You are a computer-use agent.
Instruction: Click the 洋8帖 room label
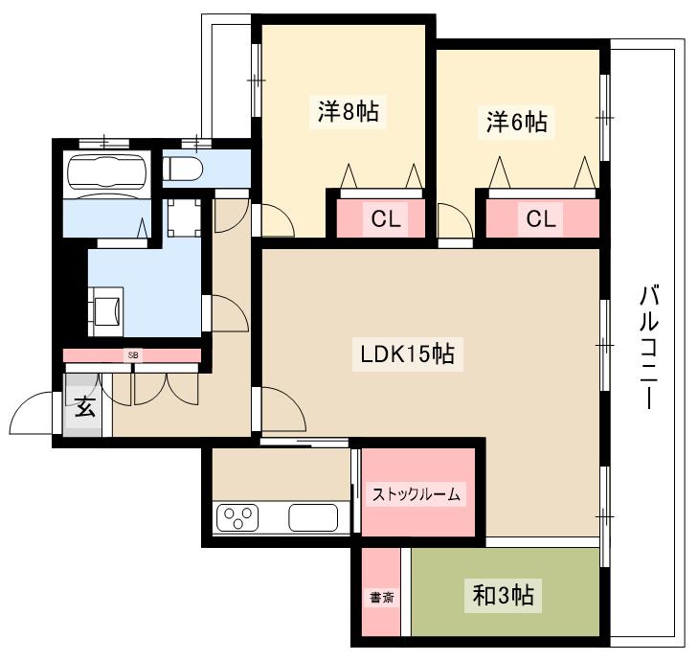coord(349,112)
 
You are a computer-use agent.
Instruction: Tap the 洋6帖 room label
coord(516,122)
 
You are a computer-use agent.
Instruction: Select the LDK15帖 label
coord(406,355)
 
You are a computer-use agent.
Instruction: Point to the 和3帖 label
coord(503,596)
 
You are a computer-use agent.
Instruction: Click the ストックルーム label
coord(417,495)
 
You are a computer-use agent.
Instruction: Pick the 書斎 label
coord(381,598)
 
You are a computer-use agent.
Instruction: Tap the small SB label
coord(133,355)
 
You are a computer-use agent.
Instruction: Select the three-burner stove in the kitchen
coord(238,518)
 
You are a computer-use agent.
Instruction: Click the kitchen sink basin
coord(313,518)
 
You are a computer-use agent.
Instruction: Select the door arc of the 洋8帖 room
coord(279,222)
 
